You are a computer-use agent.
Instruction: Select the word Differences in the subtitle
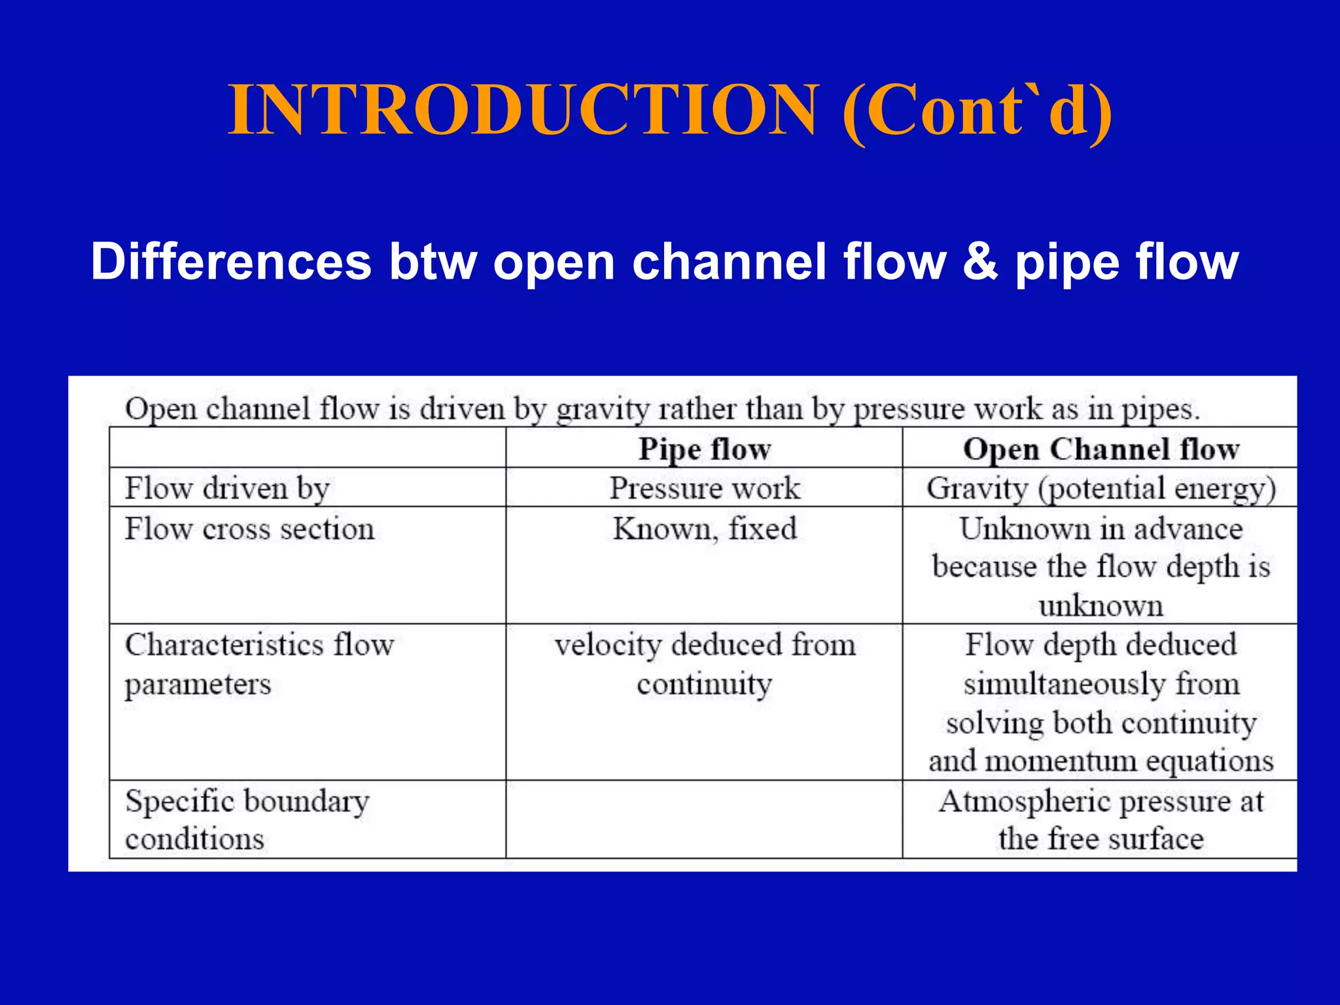click(x=231, y=262)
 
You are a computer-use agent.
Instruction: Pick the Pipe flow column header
click(x=705, y=450)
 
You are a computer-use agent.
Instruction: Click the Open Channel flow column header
click(x=1101, y=450)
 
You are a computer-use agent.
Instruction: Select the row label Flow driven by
click(x=227, y=488)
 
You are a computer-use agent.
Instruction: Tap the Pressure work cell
click(x=705, y=488)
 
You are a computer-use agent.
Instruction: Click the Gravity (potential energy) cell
click(x=1101, y=489)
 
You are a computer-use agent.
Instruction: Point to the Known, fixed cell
click(x=705, y=529)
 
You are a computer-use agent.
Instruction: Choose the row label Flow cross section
click(x=249, y=529)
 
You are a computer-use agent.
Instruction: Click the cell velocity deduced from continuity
click(x=705, y=664)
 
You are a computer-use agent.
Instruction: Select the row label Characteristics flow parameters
click(x=259, y=664)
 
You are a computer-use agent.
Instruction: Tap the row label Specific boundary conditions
click(x=247, y=819)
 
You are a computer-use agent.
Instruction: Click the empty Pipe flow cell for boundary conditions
click(x=705, y=819)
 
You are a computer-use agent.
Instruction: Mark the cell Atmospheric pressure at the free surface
click(x=1101, y=819)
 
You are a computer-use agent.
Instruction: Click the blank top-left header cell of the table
click(x=308, y=448)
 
